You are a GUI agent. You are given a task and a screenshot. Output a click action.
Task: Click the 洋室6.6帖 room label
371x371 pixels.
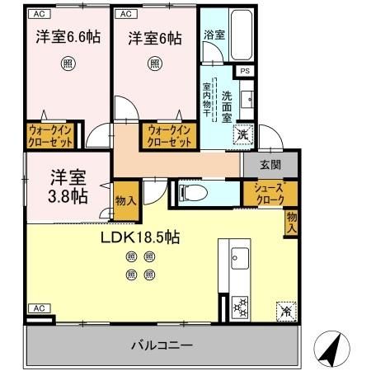[67, 38]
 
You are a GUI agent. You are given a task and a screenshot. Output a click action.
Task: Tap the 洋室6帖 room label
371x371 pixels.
[154, 38]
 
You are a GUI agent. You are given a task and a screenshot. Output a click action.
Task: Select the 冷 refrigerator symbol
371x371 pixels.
[284, 312]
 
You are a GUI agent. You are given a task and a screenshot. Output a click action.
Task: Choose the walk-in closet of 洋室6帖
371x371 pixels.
[170, 136]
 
